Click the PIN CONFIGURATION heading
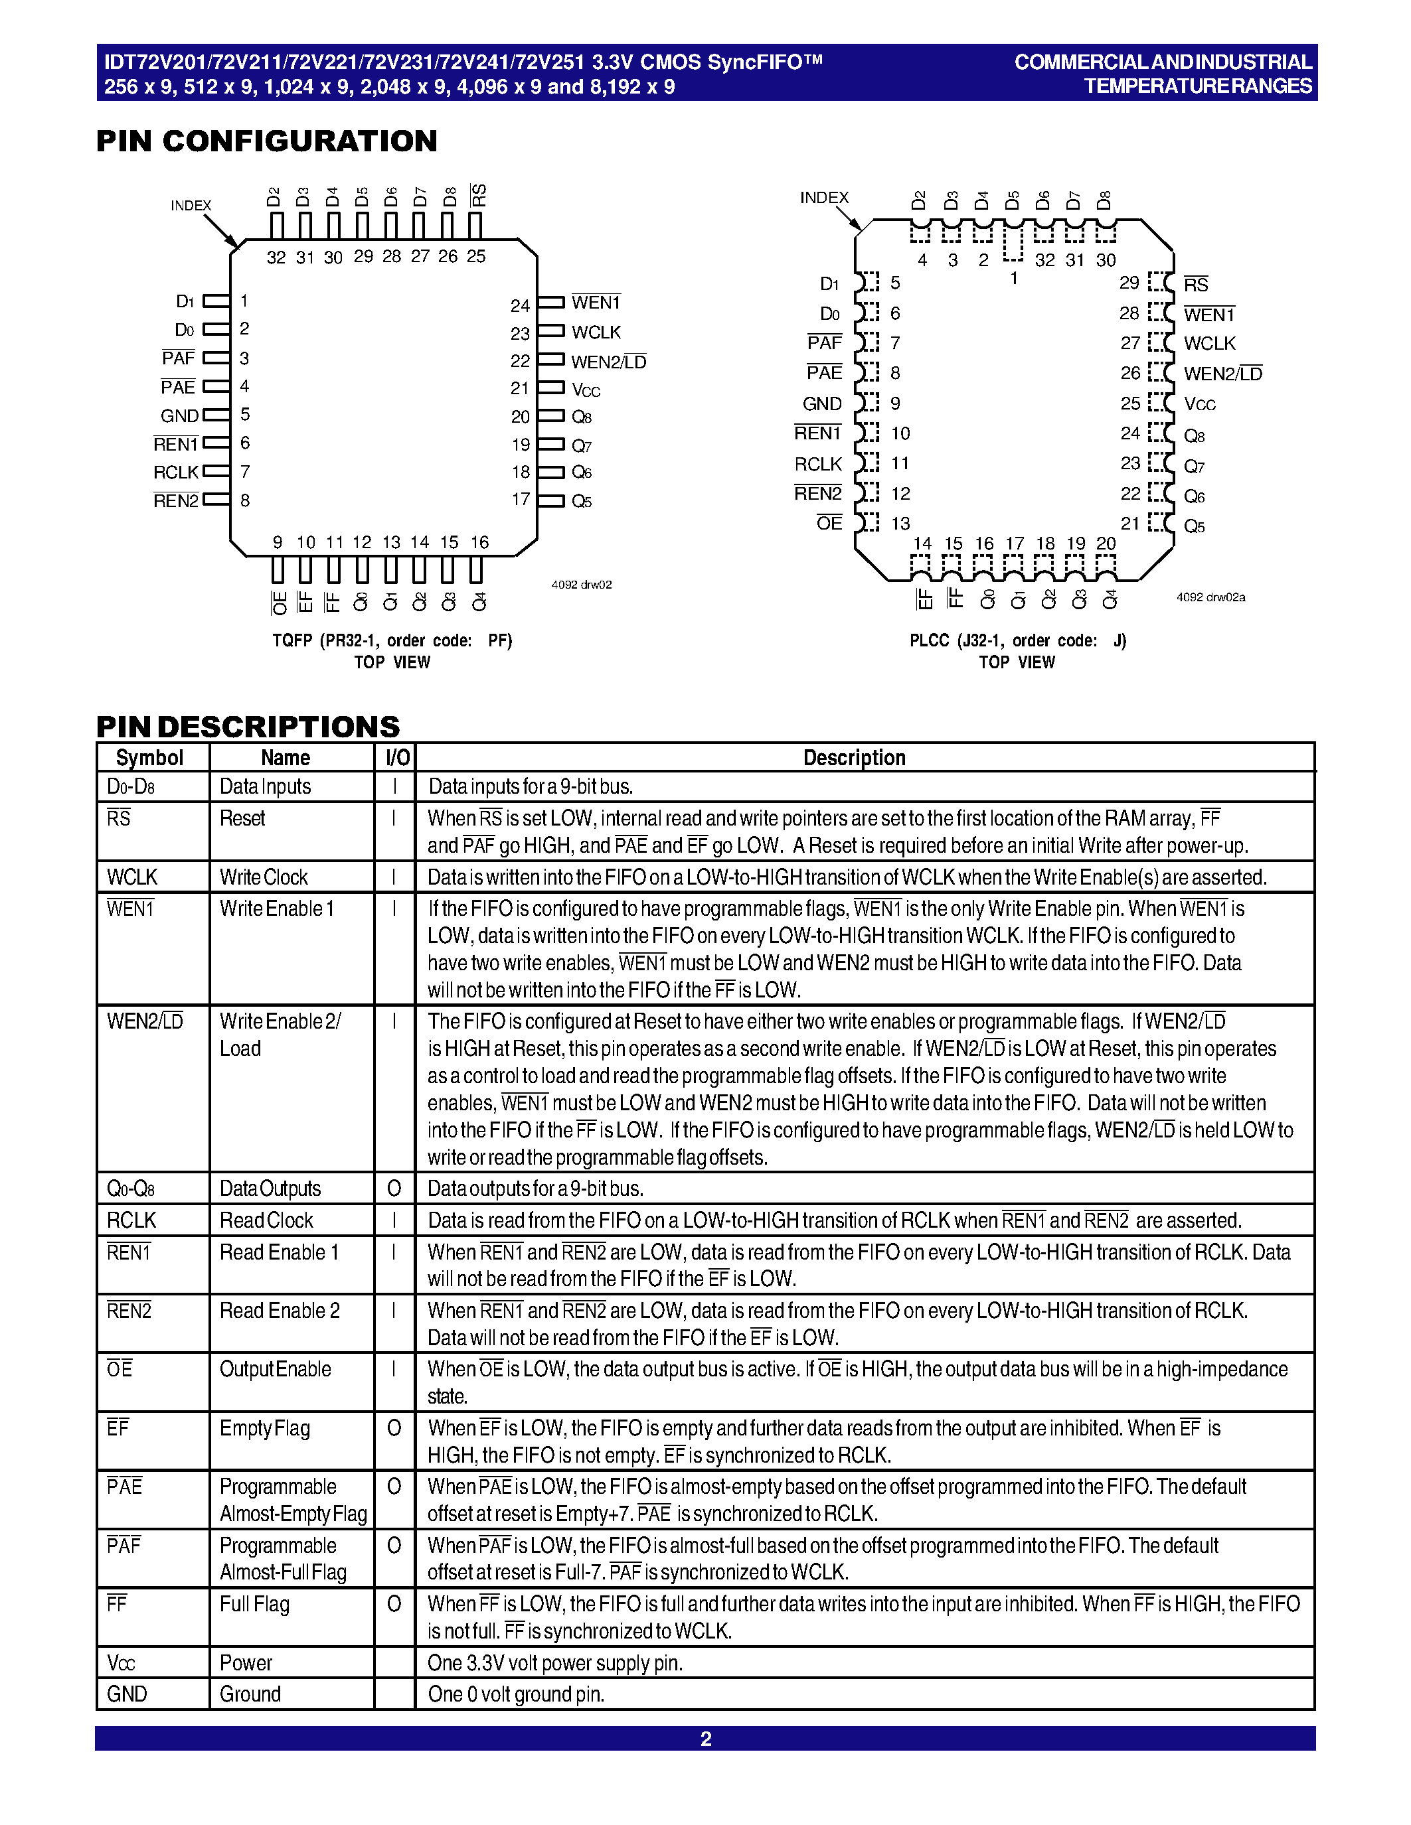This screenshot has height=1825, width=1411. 267,141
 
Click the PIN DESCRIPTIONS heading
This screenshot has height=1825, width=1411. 248,726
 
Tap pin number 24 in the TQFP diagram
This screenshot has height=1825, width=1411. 520,306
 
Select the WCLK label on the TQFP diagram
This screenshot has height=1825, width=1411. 596,332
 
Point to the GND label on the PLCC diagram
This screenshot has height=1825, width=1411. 821,404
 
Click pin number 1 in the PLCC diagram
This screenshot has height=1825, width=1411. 1014,278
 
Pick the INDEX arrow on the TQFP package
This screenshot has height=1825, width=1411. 222,231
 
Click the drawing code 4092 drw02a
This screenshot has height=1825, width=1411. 1210,597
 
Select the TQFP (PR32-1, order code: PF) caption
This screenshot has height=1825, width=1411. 392,641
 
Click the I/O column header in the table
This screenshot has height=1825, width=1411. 397,758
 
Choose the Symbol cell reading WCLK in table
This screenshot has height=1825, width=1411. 132,877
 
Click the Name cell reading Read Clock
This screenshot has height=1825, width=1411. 266,1221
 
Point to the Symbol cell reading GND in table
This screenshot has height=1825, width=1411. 127,1694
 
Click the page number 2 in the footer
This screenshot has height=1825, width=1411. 705,1739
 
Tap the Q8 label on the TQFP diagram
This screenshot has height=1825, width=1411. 582,417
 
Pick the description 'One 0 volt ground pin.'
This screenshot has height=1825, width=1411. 516,1694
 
